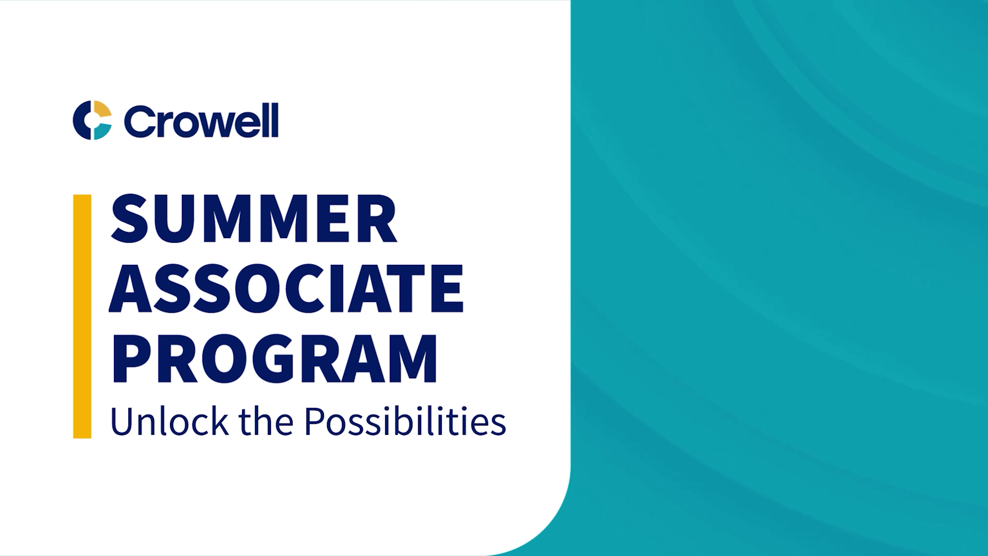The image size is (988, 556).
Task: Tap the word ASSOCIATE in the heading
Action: click(286, 289)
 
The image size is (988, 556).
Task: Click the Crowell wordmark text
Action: click(201, 120)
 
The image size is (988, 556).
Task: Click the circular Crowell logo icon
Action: click(92, 120)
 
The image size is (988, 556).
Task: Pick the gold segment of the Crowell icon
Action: click(102, 109)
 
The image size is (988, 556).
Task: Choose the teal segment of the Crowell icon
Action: click(102, 131)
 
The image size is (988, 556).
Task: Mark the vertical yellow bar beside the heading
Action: click(82, 316)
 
